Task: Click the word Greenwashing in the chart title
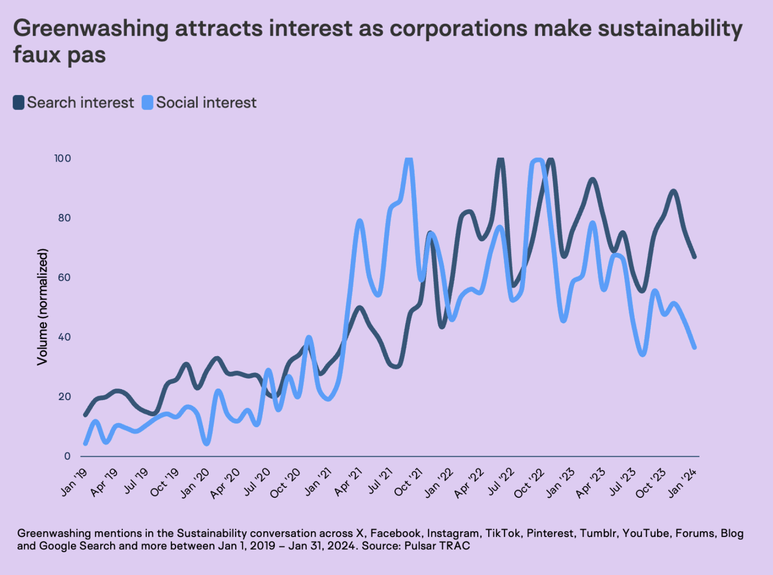click(90, 29)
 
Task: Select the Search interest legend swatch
click(19, 103)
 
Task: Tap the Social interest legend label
click(206, 103)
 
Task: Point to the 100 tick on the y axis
click(63, 158)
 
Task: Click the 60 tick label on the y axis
click(64, 277)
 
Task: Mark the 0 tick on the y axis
click(67, 456)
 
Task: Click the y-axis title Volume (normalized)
click(43, 307)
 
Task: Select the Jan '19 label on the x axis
click(74, 482)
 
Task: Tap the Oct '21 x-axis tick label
click(409, 482)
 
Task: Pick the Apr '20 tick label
click(226, 483)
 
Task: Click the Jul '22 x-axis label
click(501, 482)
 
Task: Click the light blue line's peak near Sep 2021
click(408, 159)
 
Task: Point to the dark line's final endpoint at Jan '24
click(694, 257)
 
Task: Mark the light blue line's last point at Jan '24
click(694, 347)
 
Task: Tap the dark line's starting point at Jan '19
click(85, 415)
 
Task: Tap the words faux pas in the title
click(60, 55)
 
